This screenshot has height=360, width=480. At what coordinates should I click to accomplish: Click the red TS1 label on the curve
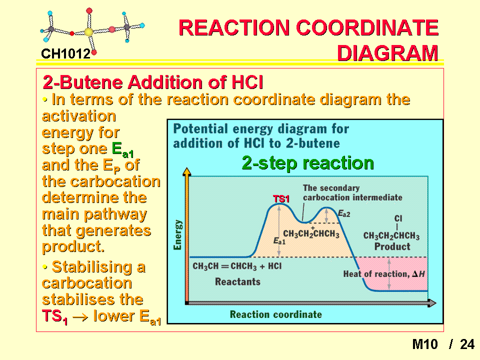(281, 199)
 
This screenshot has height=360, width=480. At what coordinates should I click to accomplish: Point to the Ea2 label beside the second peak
(344, 213)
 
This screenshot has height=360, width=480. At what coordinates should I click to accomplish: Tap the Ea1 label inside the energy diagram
(279, 241)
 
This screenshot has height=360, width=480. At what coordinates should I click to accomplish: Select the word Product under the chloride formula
(392, 246)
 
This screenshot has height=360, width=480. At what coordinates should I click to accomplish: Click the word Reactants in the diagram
(237, 281)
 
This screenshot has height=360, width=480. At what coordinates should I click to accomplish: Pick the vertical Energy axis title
(177, 235)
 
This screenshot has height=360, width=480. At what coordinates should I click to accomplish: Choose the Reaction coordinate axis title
(276, 314)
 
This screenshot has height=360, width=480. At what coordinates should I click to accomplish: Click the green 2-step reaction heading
(307, 162)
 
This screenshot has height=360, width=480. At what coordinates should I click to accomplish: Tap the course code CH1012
(65, 54)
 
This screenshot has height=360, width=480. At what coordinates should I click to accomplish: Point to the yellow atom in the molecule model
(88, 32)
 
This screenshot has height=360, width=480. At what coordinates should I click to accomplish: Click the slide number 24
(467, 344)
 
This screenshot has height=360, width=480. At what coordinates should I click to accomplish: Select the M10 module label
(425, 344)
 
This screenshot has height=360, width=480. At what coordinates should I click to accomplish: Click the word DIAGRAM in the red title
(387, 53)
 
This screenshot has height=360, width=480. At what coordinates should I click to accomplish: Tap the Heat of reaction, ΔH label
(384, 274)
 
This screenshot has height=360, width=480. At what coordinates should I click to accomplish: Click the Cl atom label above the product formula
(398, 218)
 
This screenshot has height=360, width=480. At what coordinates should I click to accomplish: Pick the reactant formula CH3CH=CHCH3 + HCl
(237, 266)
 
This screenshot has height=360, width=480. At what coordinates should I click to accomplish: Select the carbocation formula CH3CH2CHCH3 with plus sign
(311, 233)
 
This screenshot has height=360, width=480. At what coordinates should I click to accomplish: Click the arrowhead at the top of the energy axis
(186, 171)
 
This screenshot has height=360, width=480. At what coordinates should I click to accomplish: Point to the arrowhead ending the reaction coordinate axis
(431, 303)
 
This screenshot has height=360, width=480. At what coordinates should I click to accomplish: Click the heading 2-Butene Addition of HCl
(153, 82)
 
